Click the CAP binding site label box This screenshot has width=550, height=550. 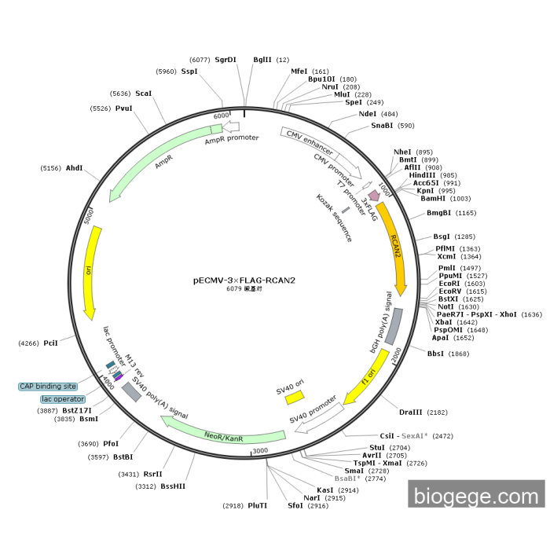point(48,386)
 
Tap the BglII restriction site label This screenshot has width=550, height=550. point(262,60)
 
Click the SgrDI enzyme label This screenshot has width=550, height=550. point(225,60)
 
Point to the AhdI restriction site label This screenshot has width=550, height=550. point(74,168)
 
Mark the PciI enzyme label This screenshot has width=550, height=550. point(51,343)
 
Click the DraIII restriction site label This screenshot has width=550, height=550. point(411,412)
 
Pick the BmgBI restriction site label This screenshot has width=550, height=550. point(440,213)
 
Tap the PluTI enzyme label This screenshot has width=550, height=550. point(258,505)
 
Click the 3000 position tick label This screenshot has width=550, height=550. point(260,451)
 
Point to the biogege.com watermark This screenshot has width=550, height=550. point(475,496)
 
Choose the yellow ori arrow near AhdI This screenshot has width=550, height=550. point(91,271)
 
